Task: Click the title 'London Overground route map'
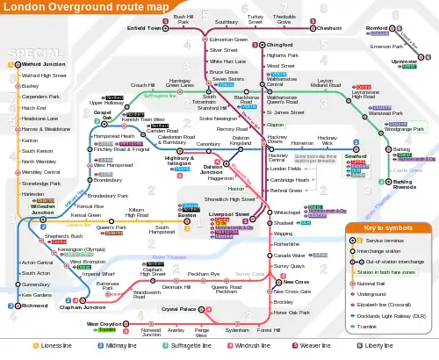coord(77,7)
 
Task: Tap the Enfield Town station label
coord(146,27)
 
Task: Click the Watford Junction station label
coord(43,64)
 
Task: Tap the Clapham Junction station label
coord(83,283)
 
